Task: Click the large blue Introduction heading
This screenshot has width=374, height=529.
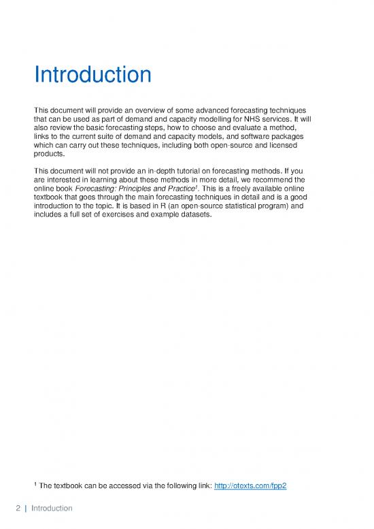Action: (x=93, y=75)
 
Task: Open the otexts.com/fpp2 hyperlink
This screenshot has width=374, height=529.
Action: (x=247, y=484)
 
